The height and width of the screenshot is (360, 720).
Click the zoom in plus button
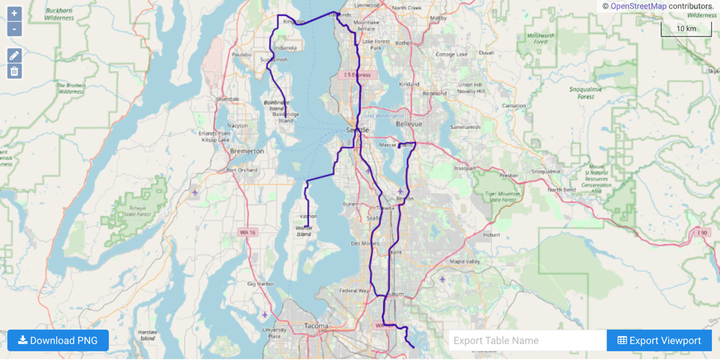click(14, 14)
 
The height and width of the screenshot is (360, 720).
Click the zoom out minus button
click(14, 30)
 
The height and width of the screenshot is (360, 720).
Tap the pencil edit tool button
click(14, 55)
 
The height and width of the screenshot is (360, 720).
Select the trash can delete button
click(14, 71)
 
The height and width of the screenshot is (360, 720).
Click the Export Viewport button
click(659, 341)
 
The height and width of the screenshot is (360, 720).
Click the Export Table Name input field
click(527, 341)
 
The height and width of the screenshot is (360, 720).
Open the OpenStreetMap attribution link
click(638, 6)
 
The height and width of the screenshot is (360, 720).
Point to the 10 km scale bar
click(685, 30)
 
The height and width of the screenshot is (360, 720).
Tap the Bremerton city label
click(247, 151)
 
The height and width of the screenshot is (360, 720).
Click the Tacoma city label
click(316, 326)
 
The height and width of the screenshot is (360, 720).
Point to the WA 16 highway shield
click(248, 233)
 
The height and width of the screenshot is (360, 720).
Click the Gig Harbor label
click(261, 284)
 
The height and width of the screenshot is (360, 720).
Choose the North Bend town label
click(562, 189)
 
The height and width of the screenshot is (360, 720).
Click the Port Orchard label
click(241, 170)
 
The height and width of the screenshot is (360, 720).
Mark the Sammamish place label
click(464, 127)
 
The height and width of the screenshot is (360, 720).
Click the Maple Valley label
click(464, 261)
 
